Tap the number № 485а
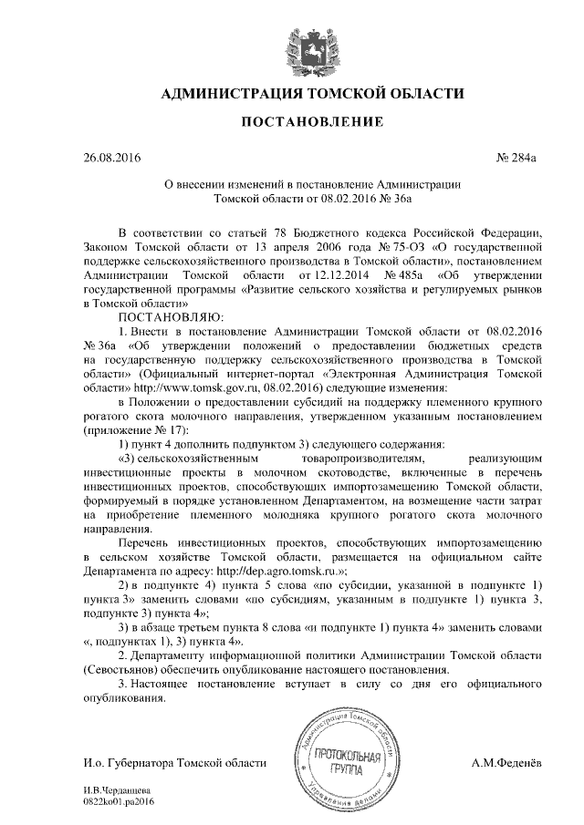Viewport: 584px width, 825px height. click(x=402, y=273)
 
